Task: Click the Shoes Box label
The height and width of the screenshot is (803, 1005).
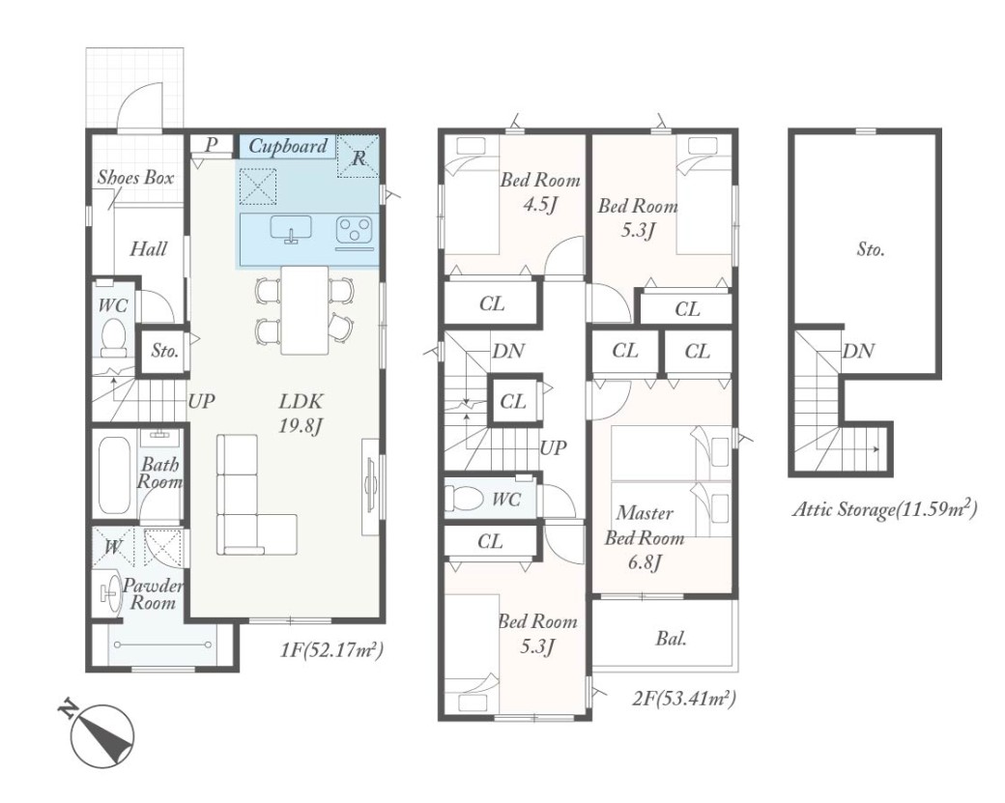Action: coord(136,177)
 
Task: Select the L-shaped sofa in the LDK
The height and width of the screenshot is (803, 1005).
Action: coord(256,495)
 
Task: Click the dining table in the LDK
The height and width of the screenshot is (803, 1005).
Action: coord(305,309)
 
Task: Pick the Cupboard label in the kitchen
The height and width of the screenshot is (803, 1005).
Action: coord(288,146)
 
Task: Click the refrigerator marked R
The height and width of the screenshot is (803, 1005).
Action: coord(359,156)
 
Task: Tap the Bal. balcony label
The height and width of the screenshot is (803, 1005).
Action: coord(671,639)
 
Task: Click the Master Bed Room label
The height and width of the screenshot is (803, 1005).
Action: coord(645,526)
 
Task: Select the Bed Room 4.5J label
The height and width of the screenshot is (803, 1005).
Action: coord(539,192)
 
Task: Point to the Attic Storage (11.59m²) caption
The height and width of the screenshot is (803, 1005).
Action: coord(885,508)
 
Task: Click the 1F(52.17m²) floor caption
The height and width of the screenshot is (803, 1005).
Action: coord(331,650)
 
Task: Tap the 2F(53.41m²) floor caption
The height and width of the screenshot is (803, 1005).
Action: coord(684,698)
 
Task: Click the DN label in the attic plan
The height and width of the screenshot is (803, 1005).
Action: coord(858,351)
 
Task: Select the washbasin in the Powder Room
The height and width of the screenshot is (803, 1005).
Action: coord(112,592)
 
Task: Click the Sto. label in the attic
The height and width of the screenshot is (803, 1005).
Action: coord(871,248)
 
